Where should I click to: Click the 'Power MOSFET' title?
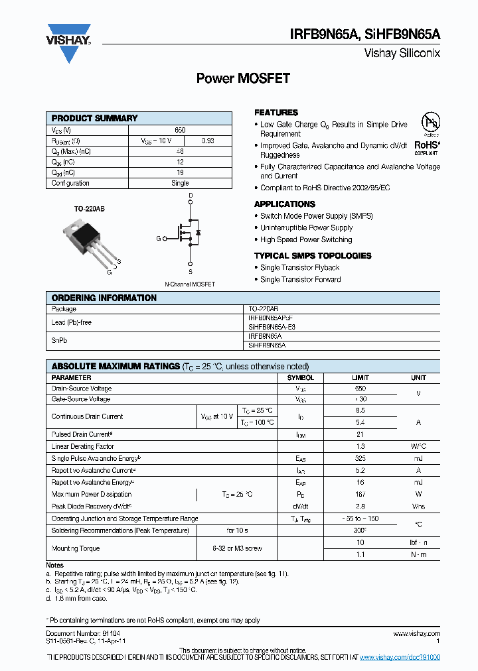pyautogui.click(x=243, y=78)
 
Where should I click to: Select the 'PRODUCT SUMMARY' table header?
pyautogui.click(x=95, y=118)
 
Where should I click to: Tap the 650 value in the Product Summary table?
pyautogui.click(x=180, y=131)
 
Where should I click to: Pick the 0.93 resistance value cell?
pyautogui.click(x=208, y=141)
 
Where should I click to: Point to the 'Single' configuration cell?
pyautogui.click(x=180, y=183)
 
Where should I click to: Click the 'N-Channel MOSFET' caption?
pyautogui.click(x=190, y=284)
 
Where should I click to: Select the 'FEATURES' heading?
pyautogui.click(x=276, y=113)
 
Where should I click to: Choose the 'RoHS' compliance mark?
pyautogui.click(x=427, y=145)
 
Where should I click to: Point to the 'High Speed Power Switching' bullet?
pyautogui.click(x=306, y=240)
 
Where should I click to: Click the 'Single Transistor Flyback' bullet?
pyautogui.click(x=299, y=268)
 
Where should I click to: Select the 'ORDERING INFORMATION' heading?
pyautogui.click(x=104, y=298)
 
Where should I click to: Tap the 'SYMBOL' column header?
pyautogui.click(x=300, y=378)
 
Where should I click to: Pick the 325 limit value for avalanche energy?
pyautogui.click(x=360, y=458)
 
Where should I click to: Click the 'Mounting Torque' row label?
pyautogui.click(x=76, y=548)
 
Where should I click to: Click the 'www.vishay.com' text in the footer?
pyautogui.click(x=416, y=634)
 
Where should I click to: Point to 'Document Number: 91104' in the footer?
pyautogui.click(x=83, y=634)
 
